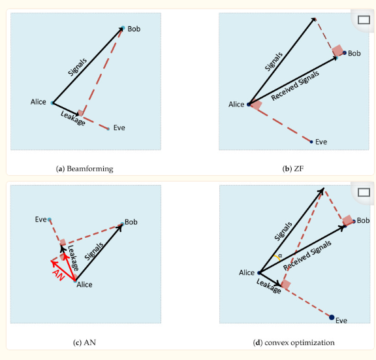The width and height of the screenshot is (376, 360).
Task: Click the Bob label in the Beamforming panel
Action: pos(134,29)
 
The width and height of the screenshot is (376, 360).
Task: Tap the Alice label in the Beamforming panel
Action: pos(39,102)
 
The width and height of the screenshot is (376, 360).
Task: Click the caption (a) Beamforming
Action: pos(84,169)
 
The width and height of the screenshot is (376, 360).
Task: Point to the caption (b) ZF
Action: pos(292,169)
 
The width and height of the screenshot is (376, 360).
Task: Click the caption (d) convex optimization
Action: pos(294,342)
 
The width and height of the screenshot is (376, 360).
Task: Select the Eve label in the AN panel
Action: pos(40,220)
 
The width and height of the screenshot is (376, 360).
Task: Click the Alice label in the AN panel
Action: pos(84,285)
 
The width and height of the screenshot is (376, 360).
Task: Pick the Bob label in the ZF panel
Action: pos(354,54)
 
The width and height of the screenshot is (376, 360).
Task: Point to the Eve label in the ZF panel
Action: pos(321,142)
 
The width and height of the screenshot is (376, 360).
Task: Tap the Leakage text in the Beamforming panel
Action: pos(72,118)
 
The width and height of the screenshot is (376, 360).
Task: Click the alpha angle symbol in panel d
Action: pos(280,256)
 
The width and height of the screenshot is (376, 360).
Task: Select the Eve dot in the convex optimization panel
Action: pos(332,317)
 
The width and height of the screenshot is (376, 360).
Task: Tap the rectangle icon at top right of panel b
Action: pos(364,19)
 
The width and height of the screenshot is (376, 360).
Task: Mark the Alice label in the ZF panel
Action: pos(236,105)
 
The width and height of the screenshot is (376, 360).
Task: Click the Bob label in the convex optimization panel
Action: pos(363,221)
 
